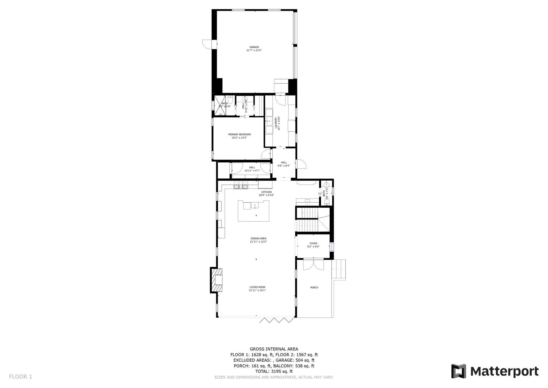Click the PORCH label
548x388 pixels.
point(314,288)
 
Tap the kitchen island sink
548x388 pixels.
point(255,206)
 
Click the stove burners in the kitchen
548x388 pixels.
point(241,185)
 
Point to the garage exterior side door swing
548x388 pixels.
point(207,44)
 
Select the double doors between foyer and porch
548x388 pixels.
point(313,264)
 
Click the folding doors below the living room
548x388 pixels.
point(276,320)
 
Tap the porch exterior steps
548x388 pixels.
point(338,270)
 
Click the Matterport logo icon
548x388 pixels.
point(459,371)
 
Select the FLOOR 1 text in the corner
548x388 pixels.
point(21,376)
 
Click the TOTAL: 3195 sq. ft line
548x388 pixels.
point(274,371)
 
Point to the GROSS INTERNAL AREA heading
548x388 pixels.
point(274,349)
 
